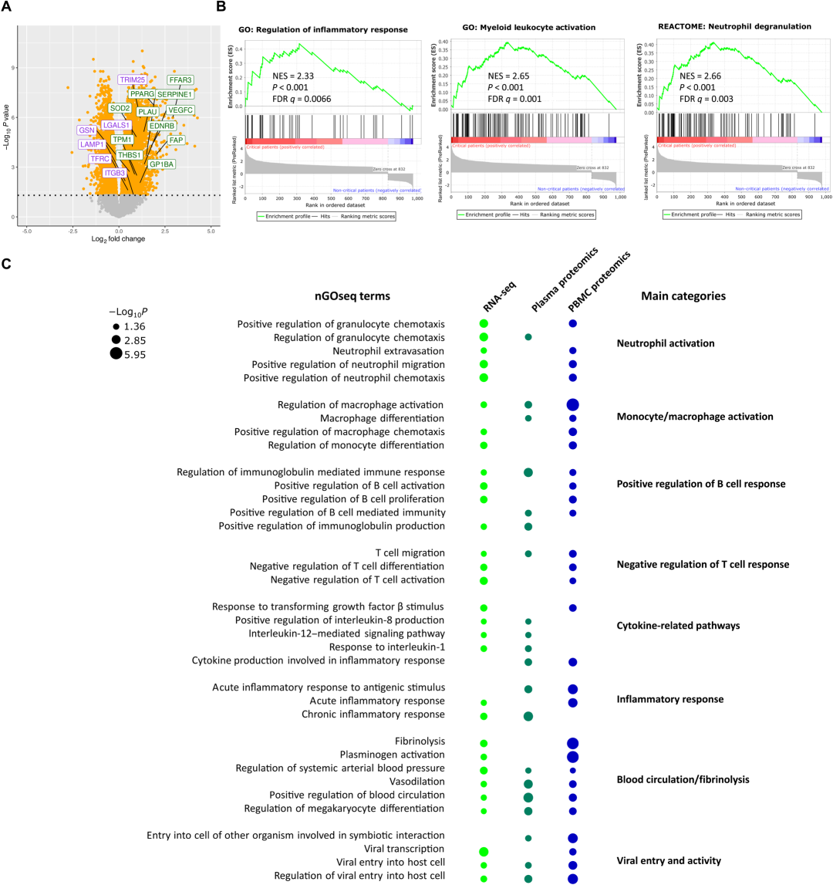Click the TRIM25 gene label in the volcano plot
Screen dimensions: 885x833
133,79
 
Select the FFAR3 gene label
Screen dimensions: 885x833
180,79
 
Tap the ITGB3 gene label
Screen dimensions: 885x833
114,173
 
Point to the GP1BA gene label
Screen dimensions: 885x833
162,164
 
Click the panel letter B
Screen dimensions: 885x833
221,7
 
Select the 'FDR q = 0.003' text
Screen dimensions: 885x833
711,99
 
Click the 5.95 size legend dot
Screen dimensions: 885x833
116,354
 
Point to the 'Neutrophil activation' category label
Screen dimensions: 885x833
666,343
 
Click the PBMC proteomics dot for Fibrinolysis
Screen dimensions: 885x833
572,742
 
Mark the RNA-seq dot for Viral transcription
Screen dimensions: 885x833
484,851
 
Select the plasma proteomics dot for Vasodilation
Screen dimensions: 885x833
528,784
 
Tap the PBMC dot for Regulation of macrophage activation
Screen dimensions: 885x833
572,404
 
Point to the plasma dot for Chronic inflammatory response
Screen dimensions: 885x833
528,715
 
